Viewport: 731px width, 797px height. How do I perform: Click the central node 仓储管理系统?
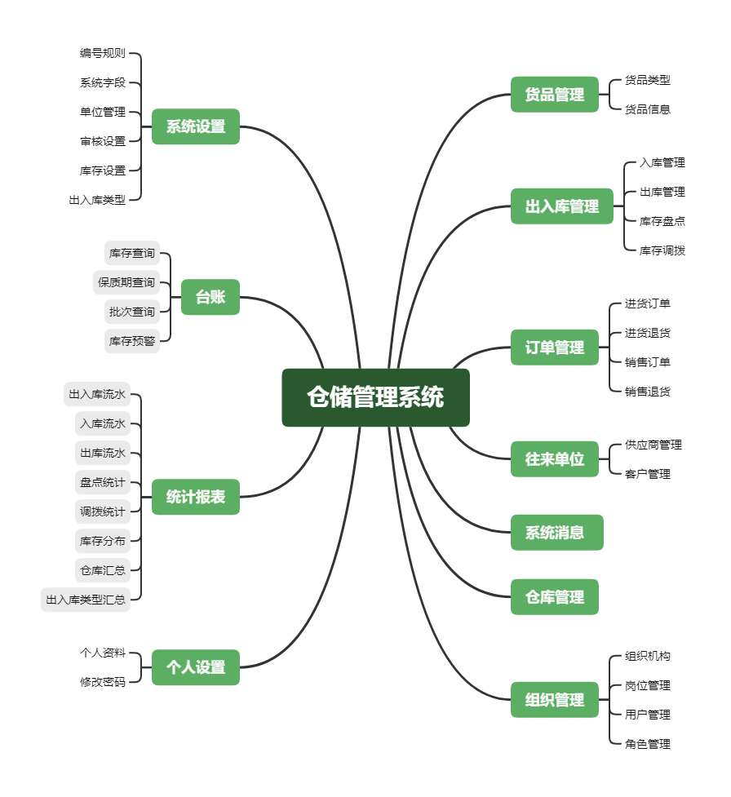tap(375, 397)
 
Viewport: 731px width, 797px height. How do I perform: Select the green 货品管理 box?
tap(555, 95)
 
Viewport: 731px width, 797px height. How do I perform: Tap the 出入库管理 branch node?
tap(562, 206)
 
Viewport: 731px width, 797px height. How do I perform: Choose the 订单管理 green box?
tap(555, 348)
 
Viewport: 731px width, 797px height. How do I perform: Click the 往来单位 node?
tap(555, 459)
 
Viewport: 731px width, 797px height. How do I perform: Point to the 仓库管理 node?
tap(555, 597)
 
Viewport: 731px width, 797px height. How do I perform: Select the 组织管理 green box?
tap(555, 700)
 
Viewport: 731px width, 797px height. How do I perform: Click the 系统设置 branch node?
tap(196, 126)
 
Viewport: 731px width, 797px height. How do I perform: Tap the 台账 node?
tap(210, 297)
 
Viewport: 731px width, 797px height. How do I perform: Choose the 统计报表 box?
tap(196, 497)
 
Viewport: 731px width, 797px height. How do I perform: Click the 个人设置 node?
tap(196, 667)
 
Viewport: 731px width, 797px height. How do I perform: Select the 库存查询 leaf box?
tap(132, 254)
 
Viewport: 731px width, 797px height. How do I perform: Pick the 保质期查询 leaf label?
tap(126, 283)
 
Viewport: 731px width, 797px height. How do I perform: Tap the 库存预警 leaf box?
tap(132, 342)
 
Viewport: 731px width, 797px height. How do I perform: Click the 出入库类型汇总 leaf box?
tap(86, 600)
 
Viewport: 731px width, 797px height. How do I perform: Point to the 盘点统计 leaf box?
tap(103, 482)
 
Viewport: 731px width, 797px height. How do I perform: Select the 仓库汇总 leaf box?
tap(103, 570)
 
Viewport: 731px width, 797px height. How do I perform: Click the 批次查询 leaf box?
tap(132, 312)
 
